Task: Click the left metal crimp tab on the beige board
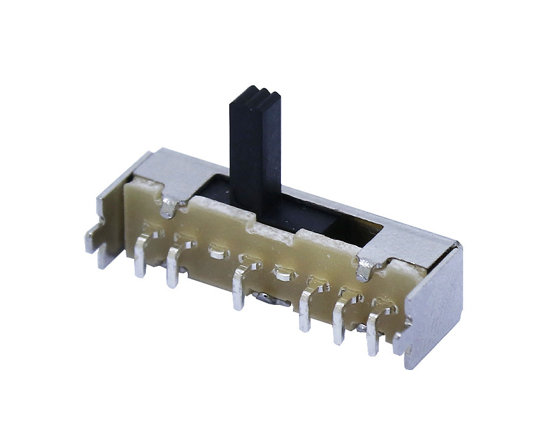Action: click(x=170, y=207)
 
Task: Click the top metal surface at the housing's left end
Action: click(x=167, y=170)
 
